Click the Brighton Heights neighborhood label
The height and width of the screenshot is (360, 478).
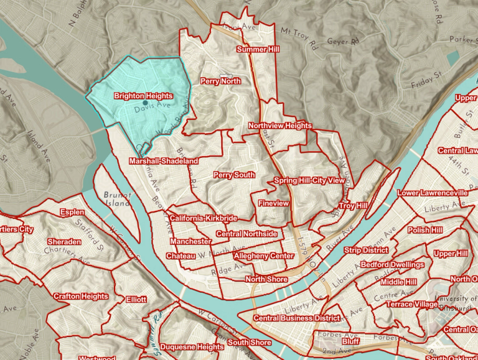(x=143, y=96)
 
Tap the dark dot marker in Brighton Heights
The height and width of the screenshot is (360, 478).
(x=145, y=103)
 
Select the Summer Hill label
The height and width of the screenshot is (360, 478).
(x=258, y=48)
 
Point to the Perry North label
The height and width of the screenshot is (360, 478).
(x=220, y=81)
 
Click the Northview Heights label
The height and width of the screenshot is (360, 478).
(x=280, y=126)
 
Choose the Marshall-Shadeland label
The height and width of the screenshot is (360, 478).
(x=164, y=161)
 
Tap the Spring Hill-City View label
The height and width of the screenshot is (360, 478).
(x=309, y=180)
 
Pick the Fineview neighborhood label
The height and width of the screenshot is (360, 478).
(x=273, y=203)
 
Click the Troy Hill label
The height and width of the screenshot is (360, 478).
(x=354, y=205)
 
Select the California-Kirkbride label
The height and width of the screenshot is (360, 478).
(x=203, y=219)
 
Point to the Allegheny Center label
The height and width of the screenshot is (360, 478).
(x=263, y=256)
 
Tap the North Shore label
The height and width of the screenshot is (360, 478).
(x=266, y=279)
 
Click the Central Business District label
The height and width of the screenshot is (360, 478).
(x=296, y=318)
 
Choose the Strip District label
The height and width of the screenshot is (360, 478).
(x=366, y=250)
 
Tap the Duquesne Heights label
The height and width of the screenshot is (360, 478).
(x=192, y=346)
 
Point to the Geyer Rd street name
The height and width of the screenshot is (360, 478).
(x=346, y=42)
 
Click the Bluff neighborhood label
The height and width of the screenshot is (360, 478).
(x=351, y=341)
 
